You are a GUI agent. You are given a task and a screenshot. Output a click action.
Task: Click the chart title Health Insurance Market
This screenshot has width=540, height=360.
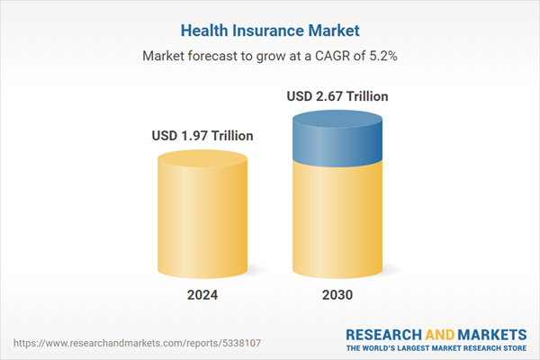(x=269, y=29)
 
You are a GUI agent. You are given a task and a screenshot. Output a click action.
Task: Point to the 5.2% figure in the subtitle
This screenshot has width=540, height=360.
(x=381, y=56)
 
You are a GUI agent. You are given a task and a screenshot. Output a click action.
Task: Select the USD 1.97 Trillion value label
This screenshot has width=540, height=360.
(x=202, y=136)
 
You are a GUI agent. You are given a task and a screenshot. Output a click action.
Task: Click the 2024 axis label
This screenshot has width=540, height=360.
(x=202, y=294)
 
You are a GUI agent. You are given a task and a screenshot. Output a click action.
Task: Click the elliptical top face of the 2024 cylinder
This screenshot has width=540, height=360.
(x=202, y=161)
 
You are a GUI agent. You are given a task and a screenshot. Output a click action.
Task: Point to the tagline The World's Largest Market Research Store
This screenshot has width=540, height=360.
(x=436, y=347)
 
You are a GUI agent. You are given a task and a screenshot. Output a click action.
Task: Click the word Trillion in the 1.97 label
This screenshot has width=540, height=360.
(x=227, y=136)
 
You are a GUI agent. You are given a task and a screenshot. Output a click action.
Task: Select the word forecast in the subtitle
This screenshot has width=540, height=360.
(x=212, y=56)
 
